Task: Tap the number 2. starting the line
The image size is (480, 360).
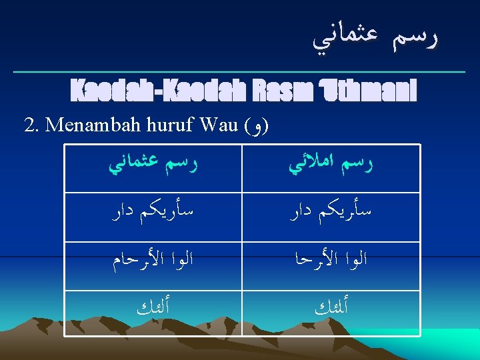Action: pos(32,125)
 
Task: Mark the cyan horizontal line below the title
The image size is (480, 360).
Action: pos(240,71)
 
